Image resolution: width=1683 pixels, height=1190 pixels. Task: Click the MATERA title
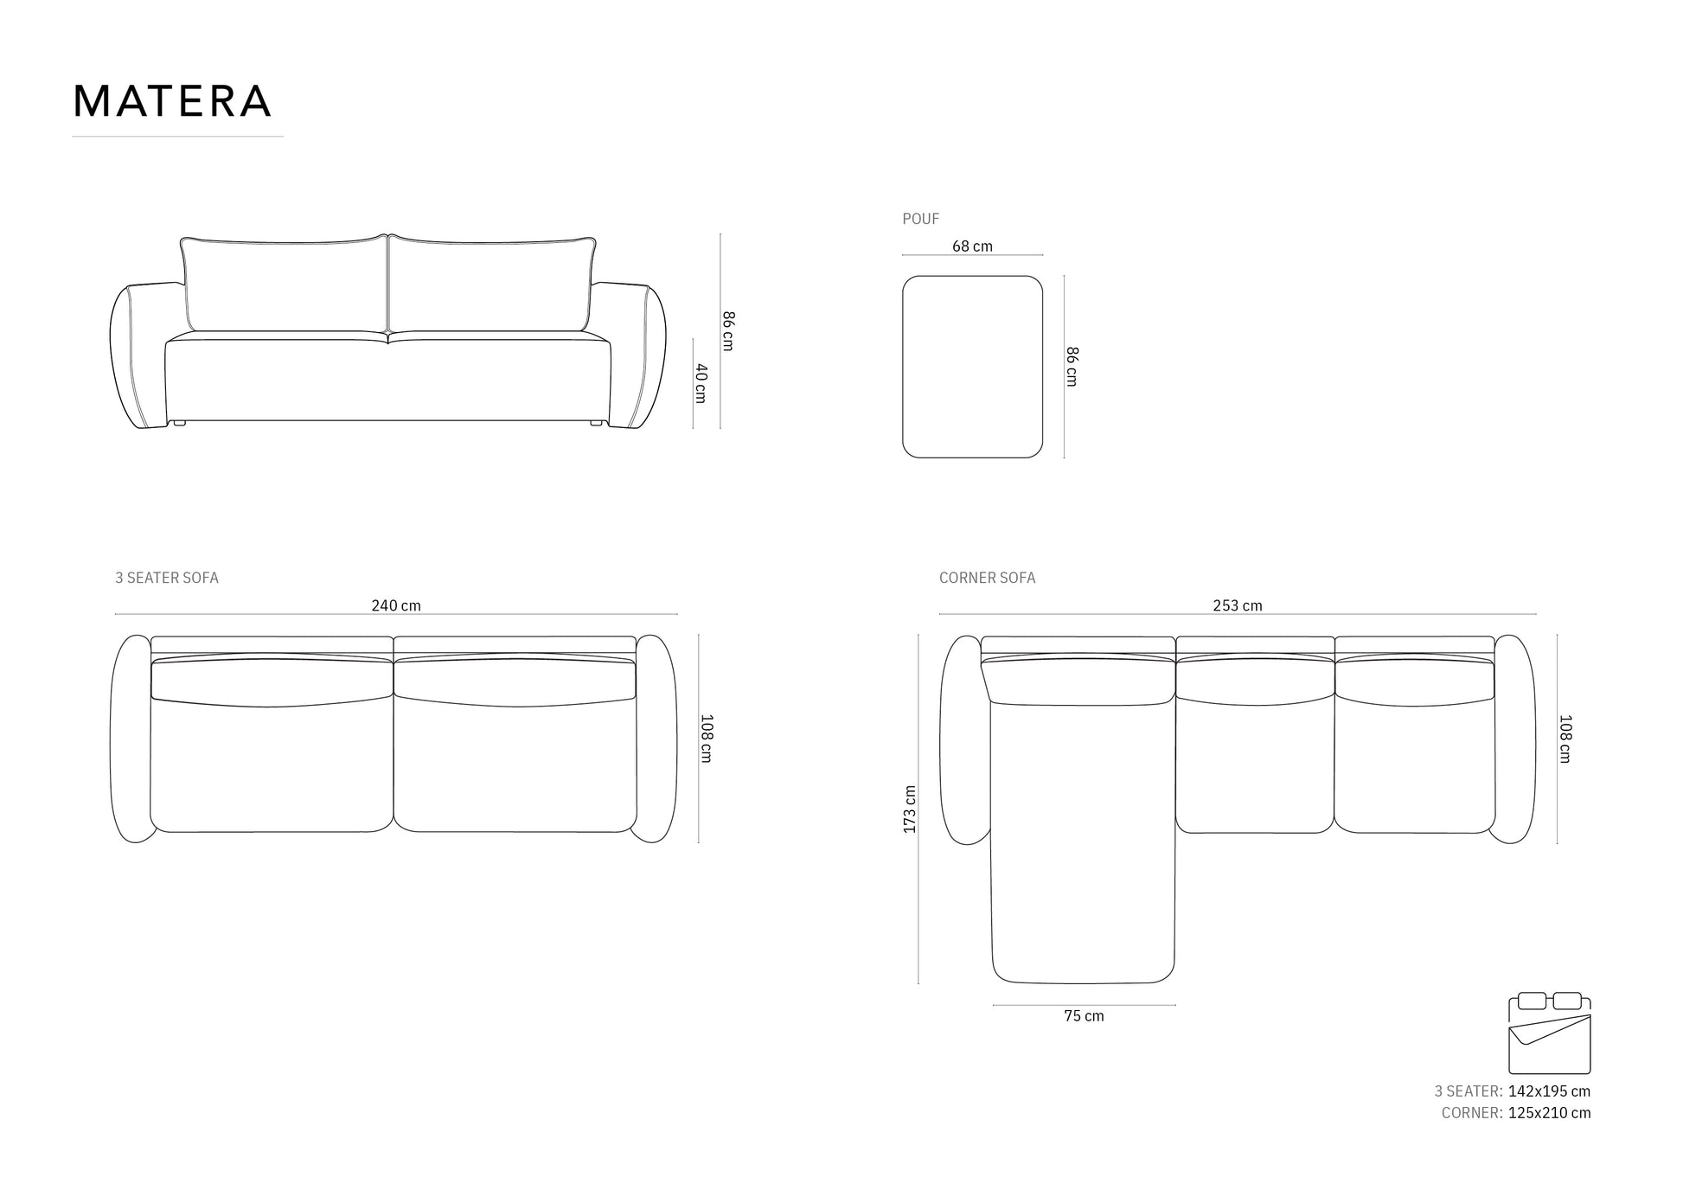click(x=172, y=101)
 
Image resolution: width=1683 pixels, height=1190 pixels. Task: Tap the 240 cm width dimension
click(x=396, y=605)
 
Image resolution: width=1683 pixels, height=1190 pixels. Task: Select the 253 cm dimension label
click(x=1237, y=605)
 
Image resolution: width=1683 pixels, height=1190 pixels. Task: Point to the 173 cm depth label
click(x=909, y=809)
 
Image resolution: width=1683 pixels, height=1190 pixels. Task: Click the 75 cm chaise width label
click(x=1084, y=1016)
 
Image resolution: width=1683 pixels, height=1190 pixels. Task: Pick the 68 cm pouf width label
click(x=972, y=246)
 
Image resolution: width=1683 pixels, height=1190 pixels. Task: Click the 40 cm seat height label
click(x=701, y=383)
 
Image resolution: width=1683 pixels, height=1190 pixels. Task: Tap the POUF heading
click(x=920, y=219)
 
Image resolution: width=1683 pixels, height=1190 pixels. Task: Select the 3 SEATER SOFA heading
click(x=167, y=578)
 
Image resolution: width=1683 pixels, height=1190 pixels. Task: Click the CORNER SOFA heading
click(x=987, y=578)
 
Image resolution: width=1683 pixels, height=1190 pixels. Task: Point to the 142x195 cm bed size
click(x=1549, y=1091)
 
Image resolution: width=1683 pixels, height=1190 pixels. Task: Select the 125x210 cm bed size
click(x=1549, y=1113)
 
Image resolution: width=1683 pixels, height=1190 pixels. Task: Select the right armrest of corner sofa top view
click(x=1514, y=739)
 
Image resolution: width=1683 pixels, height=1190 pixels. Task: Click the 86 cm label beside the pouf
click(x=1072, y=367)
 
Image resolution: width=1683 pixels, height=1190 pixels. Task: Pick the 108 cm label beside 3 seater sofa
click(x=706, y=739)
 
